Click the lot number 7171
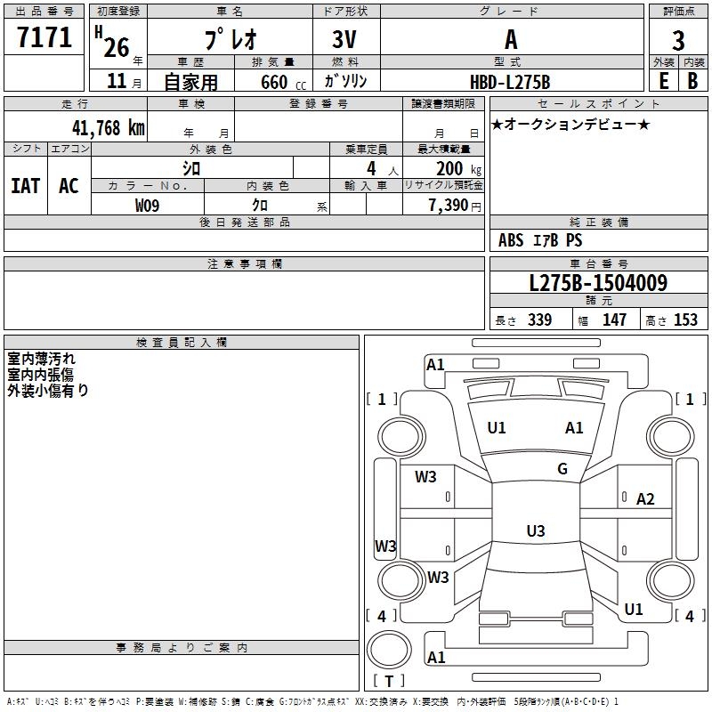click(44, 37)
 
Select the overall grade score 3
click(678, 41)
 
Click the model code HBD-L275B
click(510, 82)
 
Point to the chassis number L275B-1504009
click(597, 284)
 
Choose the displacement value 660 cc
click(273, 82)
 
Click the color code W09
click(148, 206)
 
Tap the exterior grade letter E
click(663, 80)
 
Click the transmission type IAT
click(25, 186)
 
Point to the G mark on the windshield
click(562, 469)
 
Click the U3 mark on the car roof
click(536, 531)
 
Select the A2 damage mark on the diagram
click(645, 499)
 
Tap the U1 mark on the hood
click(497, 428)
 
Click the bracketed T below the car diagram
click(389, 682)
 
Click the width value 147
click(614, 320)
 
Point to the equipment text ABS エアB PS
click(540, 240)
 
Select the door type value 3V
click(346, 39)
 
